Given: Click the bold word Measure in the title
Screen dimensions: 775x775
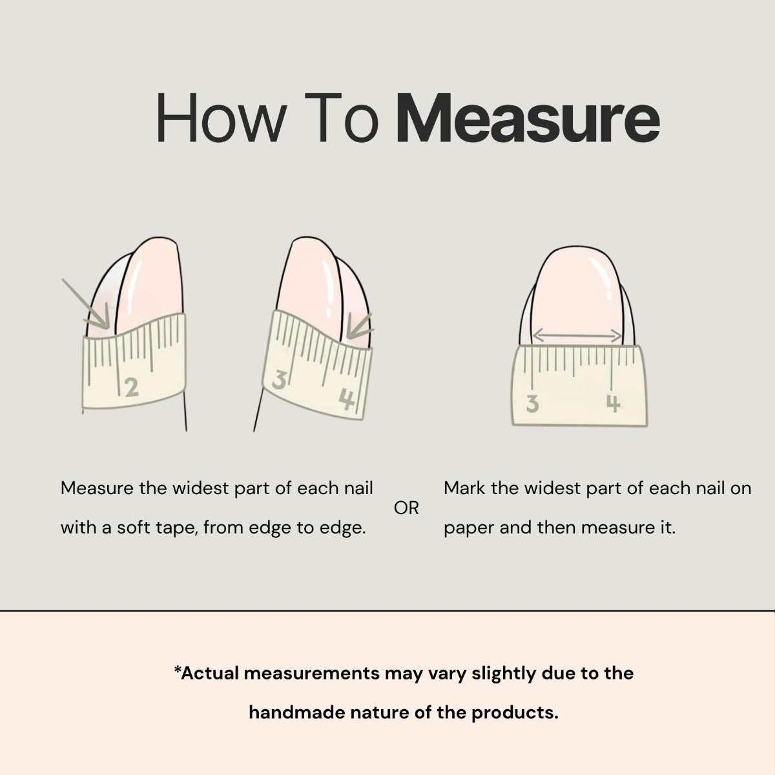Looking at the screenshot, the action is tap(528, 118).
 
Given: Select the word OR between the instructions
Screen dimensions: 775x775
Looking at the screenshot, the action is tap(406, 508).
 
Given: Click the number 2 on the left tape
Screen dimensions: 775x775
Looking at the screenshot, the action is tap(132, 387).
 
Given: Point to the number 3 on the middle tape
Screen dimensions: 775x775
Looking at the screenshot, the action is tap(279, 380).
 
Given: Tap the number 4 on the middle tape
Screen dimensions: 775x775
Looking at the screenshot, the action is tap(347, 398).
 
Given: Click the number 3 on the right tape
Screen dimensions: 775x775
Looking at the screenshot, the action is tap(532, 404).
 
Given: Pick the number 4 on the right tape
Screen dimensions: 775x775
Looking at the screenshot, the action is tap(613, 404).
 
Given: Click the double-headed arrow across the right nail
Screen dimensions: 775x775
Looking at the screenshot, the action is tap(577, 335).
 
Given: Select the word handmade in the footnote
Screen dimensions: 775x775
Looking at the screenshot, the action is tap(297, 712).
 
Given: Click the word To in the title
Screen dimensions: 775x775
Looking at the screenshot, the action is tap(342, 118).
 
